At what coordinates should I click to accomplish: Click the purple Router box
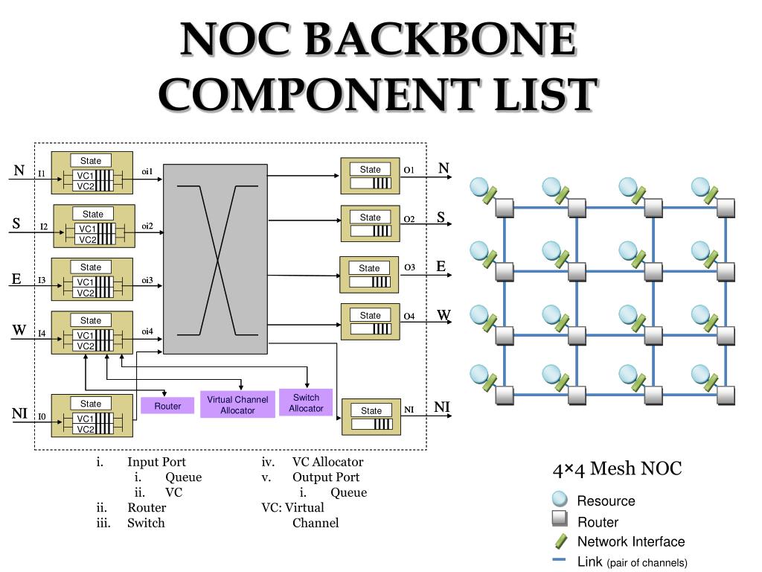(167, 406)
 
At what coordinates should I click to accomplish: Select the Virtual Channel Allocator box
(237, 404)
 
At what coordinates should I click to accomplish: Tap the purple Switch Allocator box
(306, 402)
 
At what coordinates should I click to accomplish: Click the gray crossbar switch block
(215, 259)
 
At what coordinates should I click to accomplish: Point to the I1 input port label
(42, 174)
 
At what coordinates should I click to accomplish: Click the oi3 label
(147, 280)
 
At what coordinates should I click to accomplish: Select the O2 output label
(409, 219)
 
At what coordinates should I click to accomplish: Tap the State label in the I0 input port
(91, 404)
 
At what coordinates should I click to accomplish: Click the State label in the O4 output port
(370, 315)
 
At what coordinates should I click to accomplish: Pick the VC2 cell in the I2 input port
(87, 240)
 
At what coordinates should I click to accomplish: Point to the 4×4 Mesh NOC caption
(617, 468)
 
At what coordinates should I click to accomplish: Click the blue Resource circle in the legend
(560, 500)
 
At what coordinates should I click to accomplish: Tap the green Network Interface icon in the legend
(560, 541)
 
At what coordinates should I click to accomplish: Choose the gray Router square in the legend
(560, 520)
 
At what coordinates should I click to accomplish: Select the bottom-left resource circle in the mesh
(480, 374)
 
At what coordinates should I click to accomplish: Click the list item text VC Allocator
(327, 462)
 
